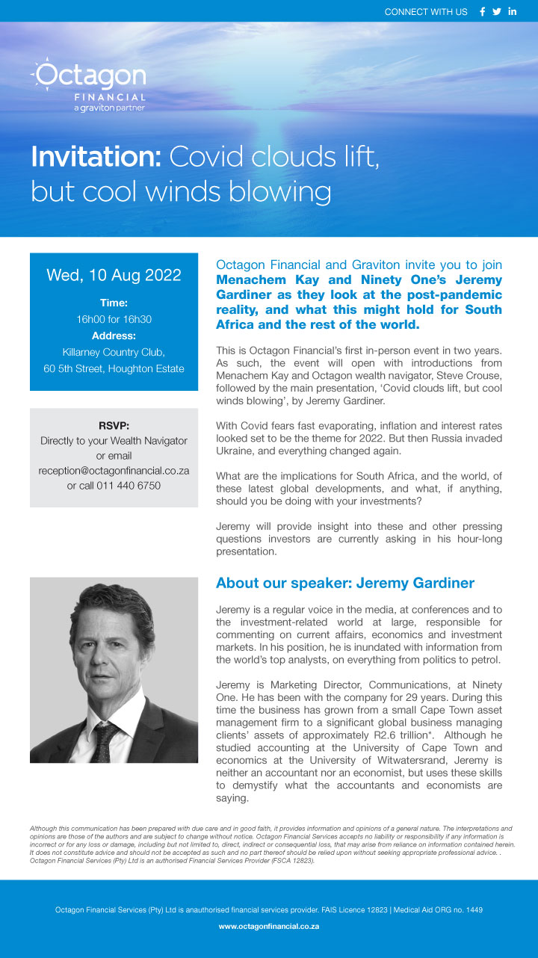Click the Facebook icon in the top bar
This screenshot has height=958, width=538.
tap(482, 11)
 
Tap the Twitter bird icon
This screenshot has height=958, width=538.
tap(497, 11)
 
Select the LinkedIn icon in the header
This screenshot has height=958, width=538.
tap(513, 11)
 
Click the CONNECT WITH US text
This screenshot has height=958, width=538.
tap(426, 12)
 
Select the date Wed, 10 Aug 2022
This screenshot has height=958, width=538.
tap(114, 275)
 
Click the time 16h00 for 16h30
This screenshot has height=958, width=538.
tap(114, 319)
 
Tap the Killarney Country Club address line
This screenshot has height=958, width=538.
tap(114, 352)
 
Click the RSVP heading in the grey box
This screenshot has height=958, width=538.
tap(114, 426)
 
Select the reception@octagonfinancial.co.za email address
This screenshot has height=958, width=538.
tap(114, 471)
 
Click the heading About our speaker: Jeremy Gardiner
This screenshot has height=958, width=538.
tap(344, 583)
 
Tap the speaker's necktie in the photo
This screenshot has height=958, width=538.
tap(106, 740)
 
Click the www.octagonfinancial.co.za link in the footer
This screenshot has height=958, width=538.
tap(269, 926)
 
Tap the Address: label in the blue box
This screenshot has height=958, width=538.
tap(114, 336)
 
